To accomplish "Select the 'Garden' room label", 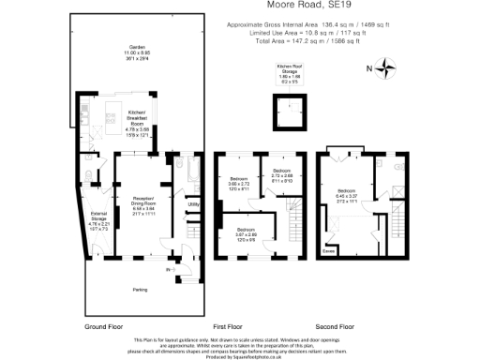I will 137,50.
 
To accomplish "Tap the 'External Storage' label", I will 98,220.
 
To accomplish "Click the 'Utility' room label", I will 194,202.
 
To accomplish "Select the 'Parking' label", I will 139,289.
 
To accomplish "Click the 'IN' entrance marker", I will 169,271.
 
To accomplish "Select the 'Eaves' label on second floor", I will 328,251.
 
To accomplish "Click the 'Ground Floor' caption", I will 105,326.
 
